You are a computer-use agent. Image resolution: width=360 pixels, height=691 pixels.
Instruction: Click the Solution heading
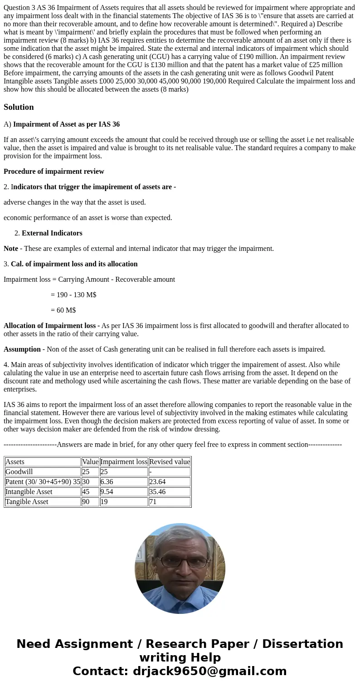point(19,107)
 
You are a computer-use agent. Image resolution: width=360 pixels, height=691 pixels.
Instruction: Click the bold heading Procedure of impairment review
point(54,172)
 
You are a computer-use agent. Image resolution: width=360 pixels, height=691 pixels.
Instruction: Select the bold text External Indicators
point(52,233)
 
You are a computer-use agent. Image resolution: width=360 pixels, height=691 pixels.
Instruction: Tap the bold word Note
point(11,249)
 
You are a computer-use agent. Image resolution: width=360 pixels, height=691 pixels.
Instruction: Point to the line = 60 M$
point(63,310)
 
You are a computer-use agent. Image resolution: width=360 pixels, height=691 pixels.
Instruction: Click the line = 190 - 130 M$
point(73,295)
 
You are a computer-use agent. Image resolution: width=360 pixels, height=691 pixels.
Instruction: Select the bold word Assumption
point(22,349)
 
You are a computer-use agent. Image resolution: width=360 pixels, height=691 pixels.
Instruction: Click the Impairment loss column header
point(124,462)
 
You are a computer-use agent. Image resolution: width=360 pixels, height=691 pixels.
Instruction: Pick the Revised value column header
point(170,462)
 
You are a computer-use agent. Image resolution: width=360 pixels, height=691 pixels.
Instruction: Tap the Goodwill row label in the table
point(19,472)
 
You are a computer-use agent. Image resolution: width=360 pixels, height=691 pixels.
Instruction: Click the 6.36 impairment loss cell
point(107,482)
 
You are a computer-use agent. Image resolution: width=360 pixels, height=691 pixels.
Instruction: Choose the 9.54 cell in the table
point(107,492)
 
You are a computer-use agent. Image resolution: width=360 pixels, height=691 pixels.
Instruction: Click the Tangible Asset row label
point(27,502)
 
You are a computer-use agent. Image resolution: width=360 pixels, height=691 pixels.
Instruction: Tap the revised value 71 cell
point(153,502)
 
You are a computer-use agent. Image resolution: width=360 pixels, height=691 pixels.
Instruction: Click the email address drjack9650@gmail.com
point(209,671)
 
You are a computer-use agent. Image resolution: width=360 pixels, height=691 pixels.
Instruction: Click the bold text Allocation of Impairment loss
point(51,326)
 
